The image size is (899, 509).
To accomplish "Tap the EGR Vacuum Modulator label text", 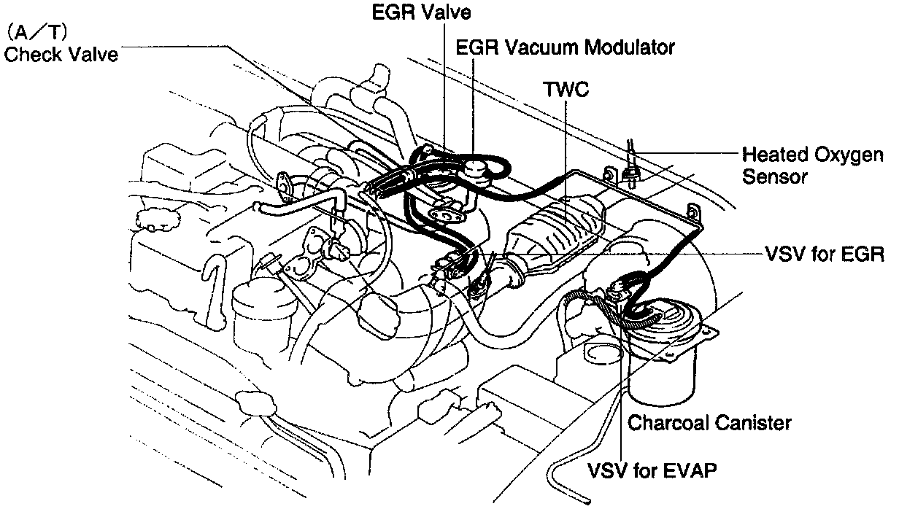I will [566, 47].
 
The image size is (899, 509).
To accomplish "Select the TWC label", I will [566, 89].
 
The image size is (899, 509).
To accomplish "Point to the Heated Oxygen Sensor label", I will [812, 166].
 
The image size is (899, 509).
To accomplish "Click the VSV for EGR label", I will [825, 255].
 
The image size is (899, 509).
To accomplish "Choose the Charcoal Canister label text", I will [709, 422].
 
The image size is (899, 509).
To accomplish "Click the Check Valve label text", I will [61, 55].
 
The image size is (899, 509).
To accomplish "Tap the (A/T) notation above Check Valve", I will [38, 34].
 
